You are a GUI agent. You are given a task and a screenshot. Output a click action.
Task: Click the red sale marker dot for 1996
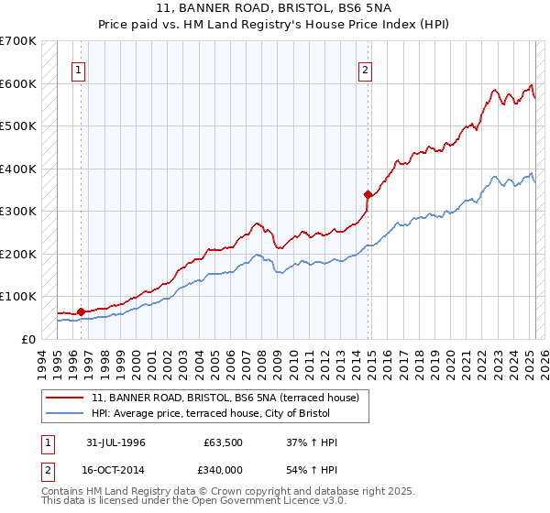tap(82, 311)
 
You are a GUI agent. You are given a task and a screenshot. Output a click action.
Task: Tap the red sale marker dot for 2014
tap(368, 194)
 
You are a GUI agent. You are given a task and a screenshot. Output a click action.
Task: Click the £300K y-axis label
tap(19, 211)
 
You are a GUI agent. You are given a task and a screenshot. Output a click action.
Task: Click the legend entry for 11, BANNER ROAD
tap(230, 397)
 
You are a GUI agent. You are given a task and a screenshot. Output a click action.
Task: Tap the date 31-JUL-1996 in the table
tap(115, 442)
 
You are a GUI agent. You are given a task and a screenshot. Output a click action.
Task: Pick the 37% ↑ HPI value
tap(312, 442)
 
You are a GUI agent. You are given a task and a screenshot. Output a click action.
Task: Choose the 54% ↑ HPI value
tap(312, 469)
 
